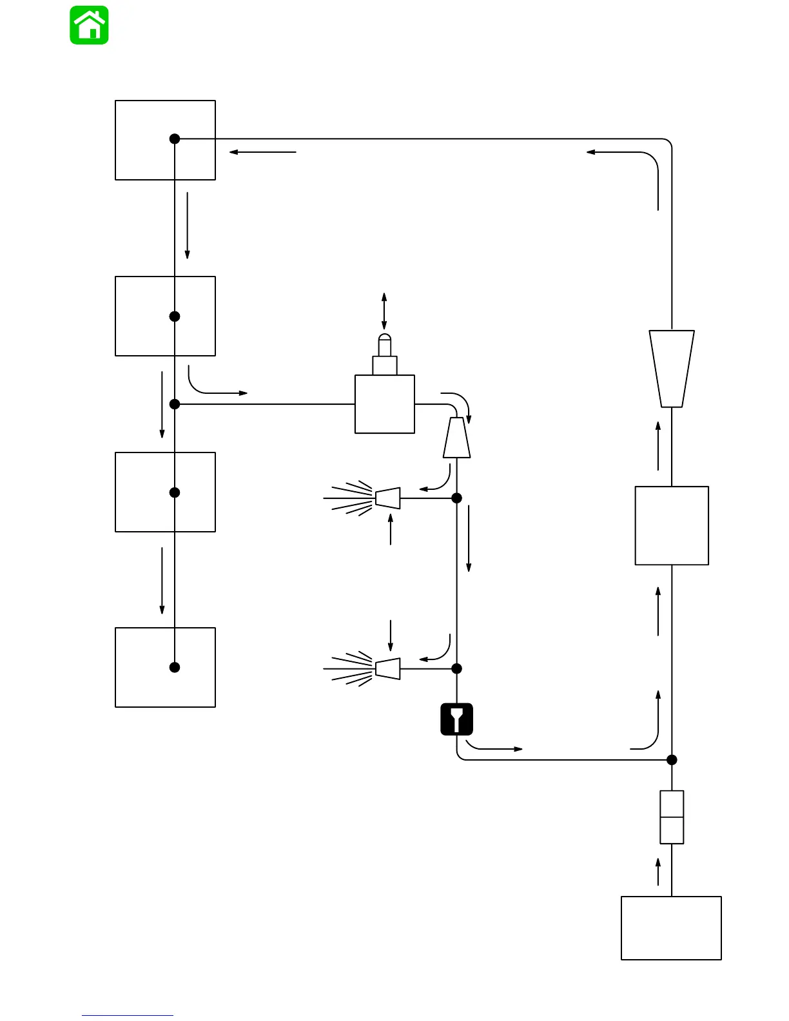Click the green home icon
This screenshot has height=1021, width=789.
point(89,25)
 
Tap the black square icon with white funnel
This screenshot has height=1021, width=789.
point(457,719)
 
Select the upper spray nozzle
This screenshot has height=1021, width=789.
point(387,498)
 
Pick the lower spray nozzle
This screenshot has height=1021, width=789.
point(387,668)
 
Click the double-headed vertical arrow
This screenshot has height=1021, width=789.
point(384,311)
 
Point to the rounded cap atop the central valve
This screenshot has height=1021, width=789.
point(384,339)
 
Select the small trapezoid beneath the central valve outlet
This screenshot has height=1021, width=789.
point(457,438)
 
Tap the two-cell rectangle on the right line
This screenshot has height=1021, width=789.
point(672,817)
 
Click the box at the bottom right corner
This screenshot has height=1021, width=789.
point(671,928)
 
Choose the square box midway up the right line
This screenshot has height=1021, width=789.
point(672,526)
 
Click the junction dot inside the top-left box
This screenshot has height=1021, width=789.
point(175,139)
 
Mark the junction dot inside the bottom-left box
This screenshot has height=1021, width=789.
point(175,667)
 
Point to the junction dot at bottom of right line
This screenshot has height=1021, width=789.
point(672,760)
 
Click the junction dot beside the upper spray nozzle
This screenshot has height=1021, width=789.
point(457,498)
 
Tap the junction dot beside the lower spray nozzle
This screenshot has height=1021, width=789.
point(457,668)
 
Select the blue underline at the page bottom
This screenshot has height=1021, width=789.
point(128,1016)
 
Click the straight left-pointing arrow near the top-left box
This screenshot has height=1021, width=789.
point(262,152)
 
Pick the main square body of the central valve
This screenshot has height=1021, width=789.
point(385,405)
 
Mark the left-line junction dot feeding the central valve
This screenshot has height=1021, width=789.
point(175,404)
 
